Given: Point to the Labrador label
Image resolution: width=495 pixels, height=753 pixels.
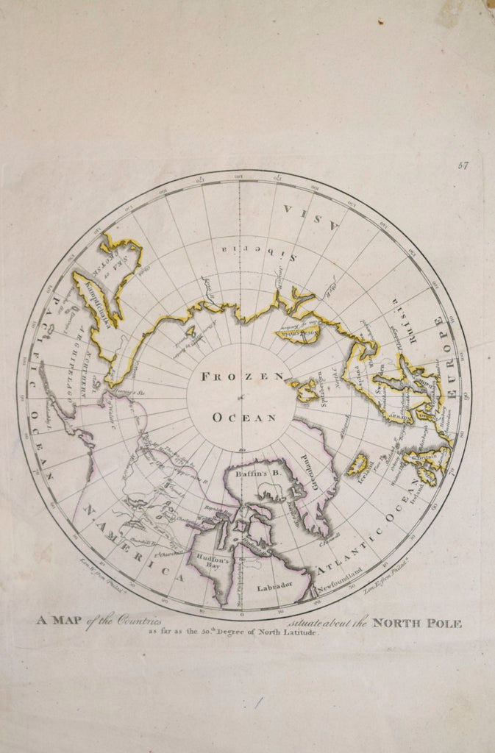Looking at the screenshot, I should point(274,586).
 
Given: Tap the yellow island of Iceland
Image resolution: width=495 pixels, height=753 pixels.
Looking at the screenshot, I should point(357,464).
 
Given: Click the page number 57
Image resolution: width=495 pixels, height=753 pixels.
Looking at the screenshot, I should point(463,165).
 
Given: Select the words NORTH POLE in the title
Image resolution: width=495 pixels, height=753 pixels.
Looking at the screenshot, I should point(417,624).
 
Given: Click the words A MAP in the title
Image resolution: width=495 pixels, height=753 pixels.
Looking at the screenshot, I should point(59,620).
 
